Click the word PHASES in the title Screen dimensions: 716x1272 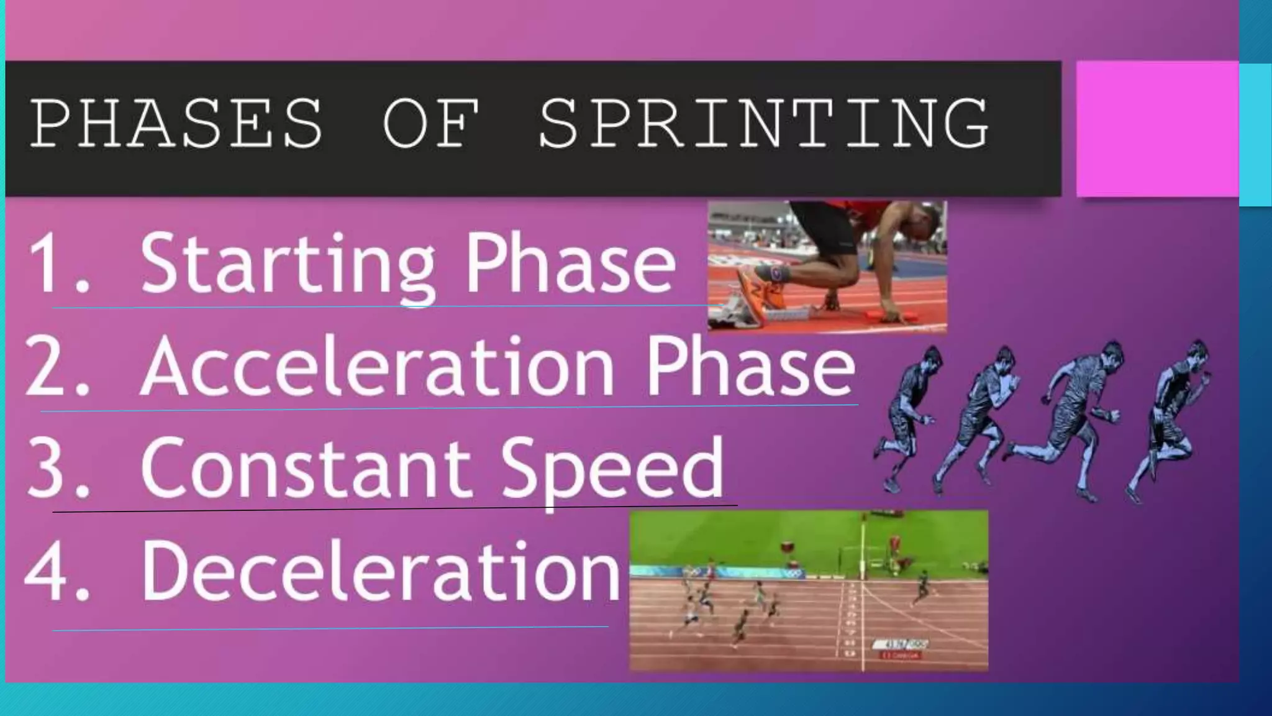[x=176, y=124]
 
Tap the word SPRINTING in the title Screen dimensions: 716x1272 [x=763, y=124]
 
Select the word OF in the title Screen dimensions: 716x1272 [x=431, y=124]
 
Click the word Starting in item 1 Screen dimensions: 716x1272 [x=288, y=264]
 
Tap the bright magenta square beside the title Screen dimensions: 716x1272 [x=1156, y=129]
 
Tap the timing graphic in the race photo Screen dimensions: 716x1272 [x=901, y=648]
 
